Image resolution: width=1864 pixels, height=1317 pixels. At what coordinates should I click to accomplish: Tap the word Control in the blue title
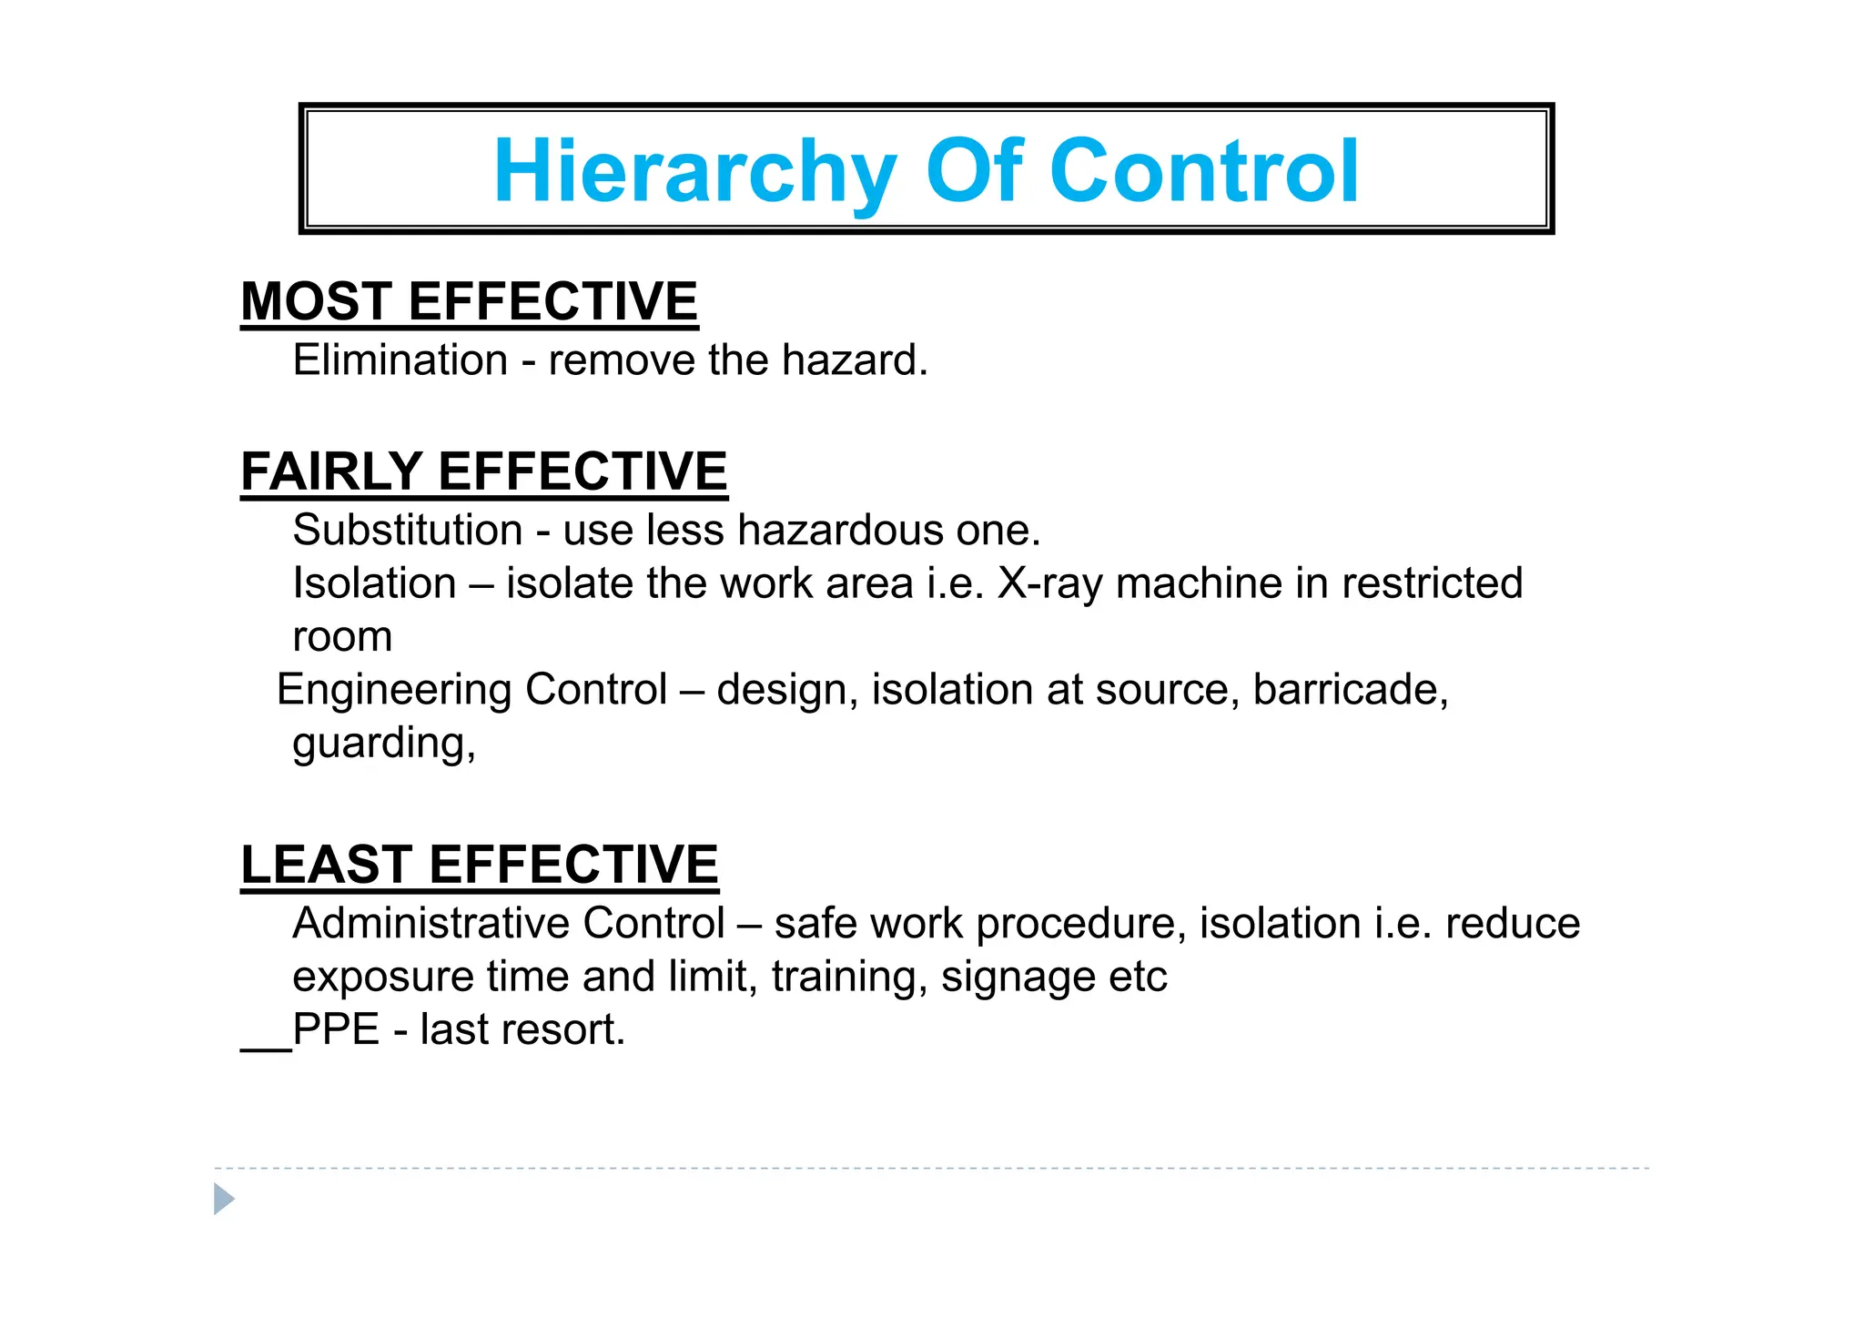point(1203,171)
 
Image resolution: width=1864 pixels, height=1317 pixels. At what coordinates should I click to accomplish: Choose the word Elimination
point(400,360)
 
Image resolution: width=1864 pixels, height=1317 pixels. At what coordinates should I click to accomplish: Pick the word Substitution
point(407,531)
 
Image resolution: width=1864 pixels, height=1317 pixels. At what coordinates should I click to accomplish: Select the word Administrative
point(434,924)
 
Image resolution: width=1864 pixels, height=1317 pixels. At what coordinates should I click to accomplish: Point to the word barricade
point(1350,690)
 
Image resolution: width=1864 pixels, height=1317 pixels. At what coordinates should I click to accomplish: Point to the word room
point(342,637)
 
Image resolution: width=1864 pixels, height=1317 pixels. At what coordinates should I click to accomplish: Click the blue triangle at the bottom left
point(223,1199)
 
